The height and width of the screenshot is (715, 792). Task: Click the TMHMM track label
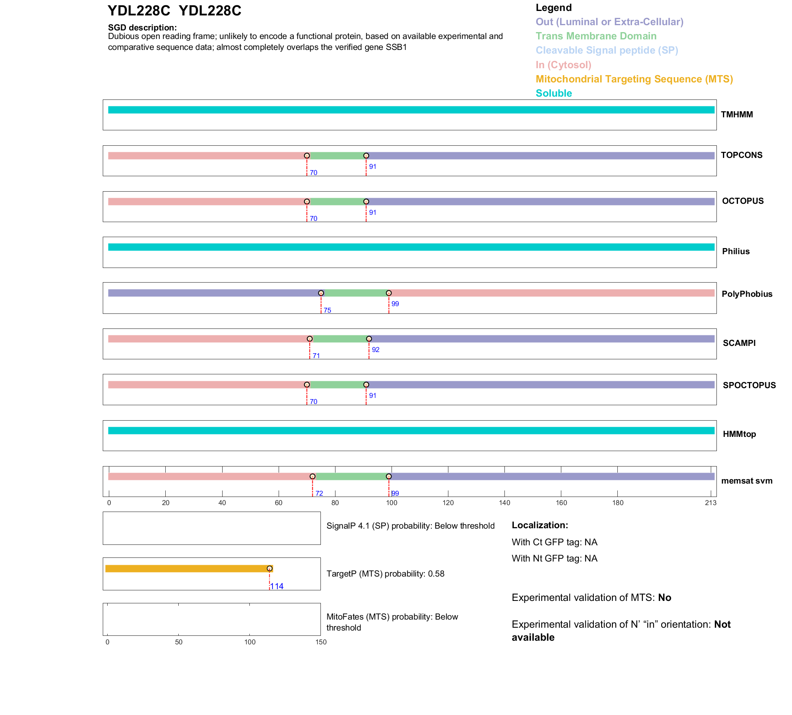tap(736, 114)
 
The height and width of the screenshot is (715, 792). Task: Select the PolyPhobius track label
tap(747, 294)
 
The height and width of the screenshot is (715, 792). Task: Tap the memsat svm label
tap(747, 481)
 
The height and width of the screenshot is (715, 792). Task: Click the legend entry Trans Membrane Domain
tap(595, 36)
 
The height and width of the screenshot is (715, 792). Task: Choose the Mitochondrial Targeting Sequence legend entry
tap(634, 79)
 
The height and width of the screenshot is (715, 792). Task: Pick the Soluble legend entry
tap(553, 93)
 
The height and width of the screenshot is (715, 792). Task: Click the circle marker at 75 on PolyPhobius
tap(321, 293)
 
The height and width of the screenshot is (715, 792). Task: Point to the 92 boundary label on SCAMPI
tap(375, 350)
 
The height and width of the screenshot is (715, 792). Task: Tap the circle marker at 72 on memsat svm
tap(312, 476)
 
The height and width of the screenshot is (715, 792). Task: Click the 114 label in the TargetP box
tap(277, 586)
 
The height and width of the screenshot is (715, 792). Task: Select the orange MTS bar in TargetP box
tap(187, 568)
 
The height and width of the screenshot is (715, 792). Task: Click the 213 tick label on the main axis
tap(710, 503)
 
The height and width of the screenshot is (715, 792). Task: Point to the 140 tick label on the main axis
tap(504, 503)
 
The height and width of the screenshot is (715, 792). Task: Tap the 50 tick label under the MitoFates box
tap(179, 642)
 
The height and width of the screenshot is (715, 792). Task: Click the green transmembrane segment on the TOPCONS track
tap(336, 156)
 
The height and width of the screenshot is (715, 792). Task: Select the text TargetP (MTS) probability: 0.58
tap(385, 574)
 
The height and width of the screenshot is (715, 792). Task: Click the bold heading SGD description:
tap(142, 28)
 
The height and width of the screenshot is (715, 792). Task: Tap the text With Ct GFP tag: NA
tap(554, 542)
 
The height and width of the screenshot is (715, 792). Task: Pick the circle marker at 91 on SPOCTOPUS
tap(366, 385)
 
